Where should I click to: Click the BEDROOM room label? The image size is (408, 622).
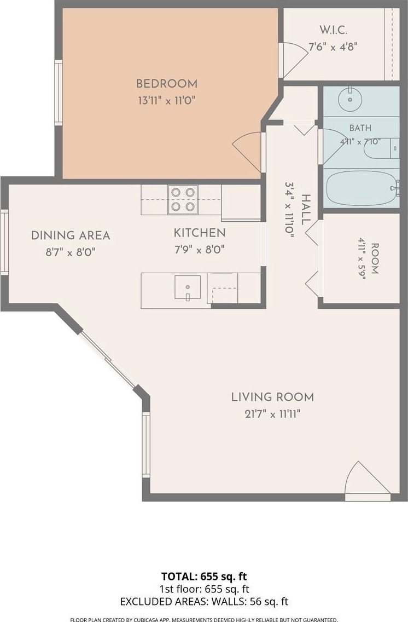click(x=166, y=84)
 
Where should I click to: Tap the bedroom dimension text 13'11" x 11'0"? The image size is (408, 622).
click(x=166, y=100)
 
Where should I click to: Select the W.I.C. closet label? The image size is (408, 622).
click(x=334, y=30)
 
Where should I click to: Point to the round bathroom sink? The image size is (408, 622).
click(x=350, y=99)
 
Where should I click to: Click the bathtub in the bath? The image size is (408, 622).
click(x=362, y=187)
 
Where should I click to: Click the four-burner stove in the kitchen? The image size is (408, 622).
click(x=183, y=199)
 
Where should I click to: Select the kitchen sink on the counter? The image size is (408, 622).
click(x=188, y=287)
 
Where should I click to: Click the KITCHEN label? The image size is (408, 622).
click(x=200, y=233)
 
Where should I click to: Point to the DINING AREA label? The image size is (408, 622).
click(x=71, y=235)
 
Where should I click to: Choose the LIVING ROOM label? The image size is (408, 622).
click(x=272, y=397)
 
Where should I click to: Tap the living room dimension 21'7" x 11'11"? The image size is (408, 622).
click(x=272, y=414)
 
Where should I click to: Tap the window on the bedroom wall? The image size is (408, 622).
click(x=59, y=93)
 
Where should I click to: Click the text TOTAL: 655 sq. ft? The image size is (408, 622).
click(x=204, y=577)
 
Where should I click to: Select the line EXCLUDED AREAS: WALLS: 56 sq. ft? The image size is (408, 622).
click(x=204, y=602)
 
